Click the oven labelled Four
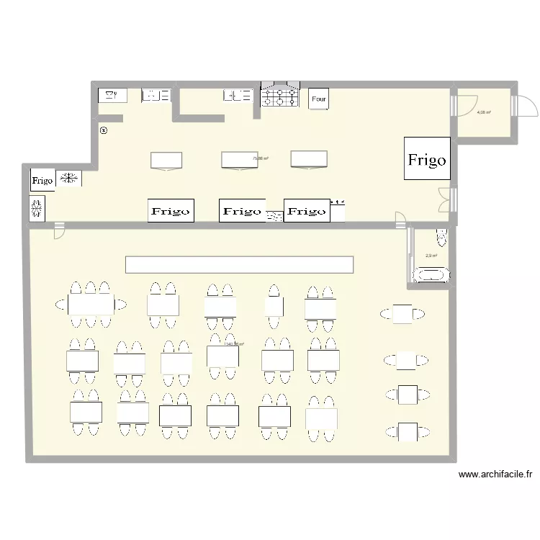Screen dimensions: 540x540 [319, 99]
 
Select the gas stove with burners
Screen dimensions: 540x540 [279, 97]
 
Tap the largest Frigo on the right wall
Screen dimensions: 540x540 [427, 159]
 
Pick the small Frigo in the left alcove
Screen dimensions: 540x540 [42, 180]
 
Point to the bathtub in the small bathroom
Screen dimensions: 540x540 [431, 274]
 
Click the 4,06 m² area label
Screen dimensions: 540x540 [484, 112]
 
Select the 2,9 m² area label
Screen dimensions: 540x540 [431, 256]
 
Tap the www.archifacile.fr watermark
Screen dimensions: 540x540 [495, 475]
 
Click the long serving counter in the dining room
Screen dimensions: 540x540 [239, 264]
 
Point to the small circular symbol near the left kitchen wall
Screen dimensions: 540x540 [103, 131]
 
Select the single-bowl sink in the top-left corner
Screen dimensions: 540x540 [112, 94]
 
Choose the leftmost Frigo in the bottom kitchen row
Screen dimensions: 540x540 [171, 211]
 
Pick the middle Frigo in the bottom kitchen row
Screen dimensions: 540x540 [242, 211]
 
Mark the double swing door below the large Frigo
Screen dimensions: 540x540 [446, 199]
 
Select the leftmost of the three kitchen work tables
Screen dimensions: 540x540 [166, 160]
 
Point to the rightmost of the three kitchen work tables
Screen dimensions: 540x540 [309, 160]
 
